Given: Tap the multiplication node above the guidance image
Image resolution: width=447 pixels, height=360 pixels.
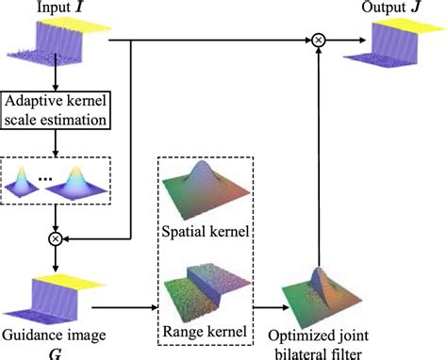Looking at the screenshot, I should point(57,239).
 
